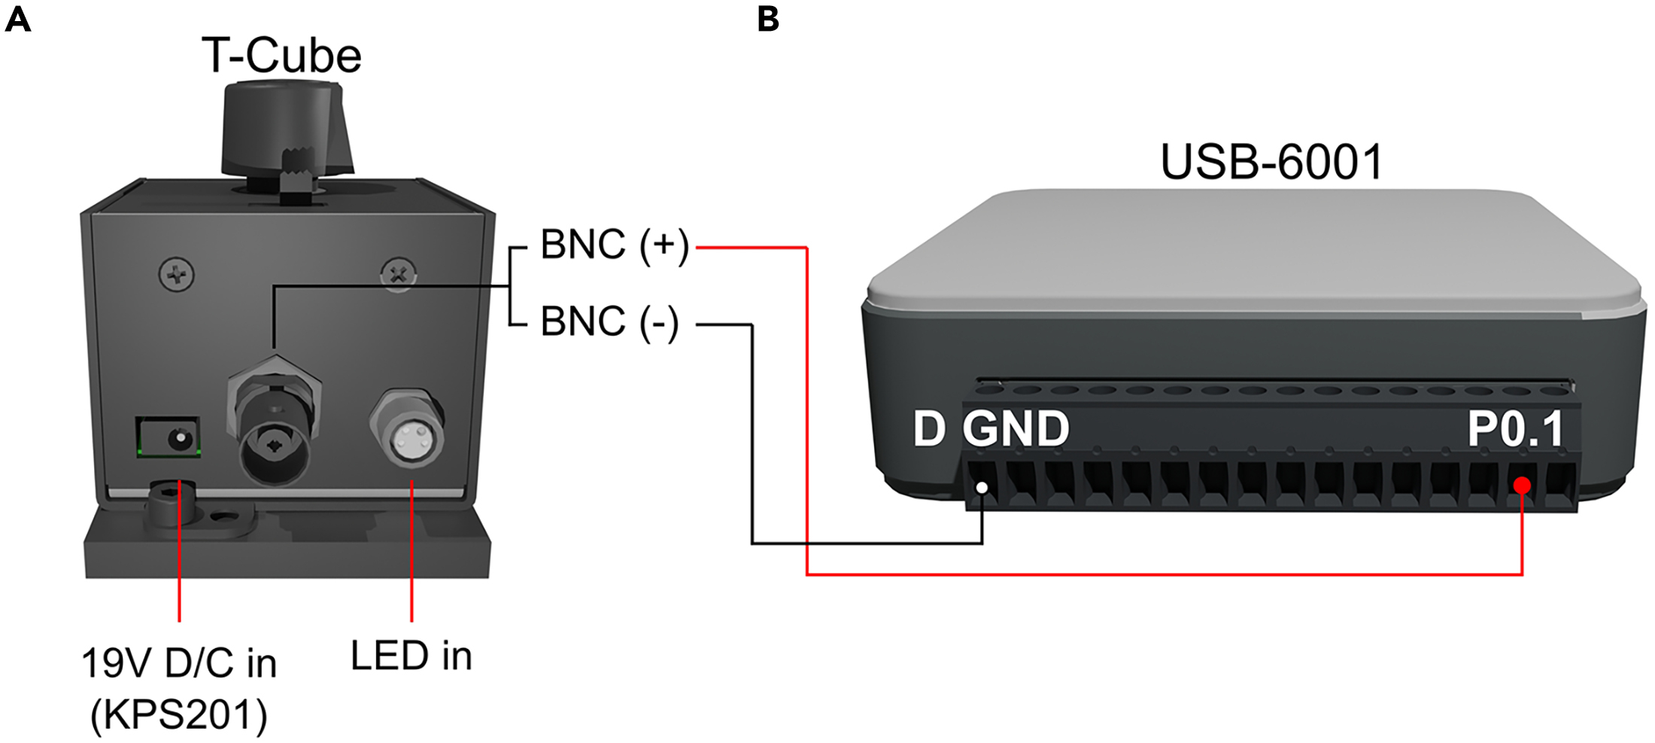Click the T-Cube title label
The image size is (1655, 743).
click(x=281, y=56)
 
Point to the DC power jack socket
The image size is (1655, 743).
click(x=169, y=437)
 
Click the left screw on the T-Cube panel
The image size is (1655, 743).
click(x=178, y=274)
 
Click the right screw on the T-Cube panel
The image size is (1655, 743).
click(x=398, y=275)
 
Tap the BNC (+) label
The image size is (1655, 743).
click(x=615, y=245)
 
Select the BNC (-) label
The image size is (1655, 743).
click(x=609, y=322)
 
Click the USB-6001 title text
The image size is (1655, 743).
click(x=1271, y=162)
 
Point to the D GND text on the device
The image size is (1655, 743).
click(x=991, y=429)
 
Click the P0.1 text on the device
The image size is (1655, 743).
click(x=1516, y=429)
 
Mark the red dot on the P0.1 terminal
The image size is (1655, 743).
click(x=1522, y=486)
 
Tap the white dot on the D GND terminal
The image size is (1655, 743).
click(x=982, y=488)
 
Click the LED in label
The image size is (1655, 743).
click(x=411, y=656)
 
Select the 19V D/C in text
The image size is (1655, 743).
click(x=179, y=663)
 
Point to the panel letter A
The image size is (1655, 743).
click(x=18, y=19)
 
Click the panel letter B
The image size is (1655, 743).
click(x=768, y=19)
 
